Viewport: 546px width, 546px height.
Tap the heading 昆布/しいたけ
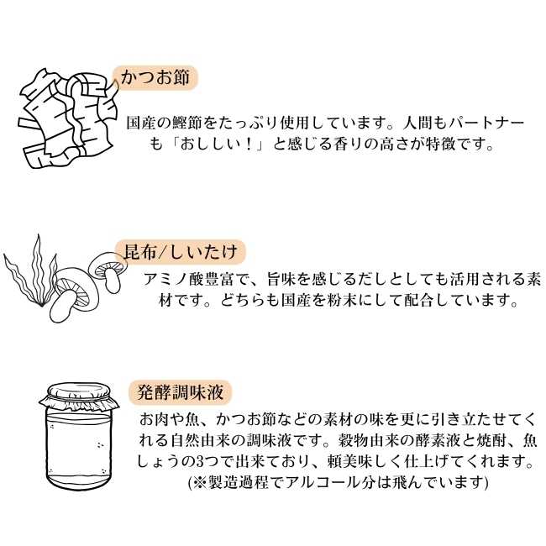(181, 251)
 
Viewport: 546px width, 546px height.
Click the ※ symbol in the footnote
(199, 482)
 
